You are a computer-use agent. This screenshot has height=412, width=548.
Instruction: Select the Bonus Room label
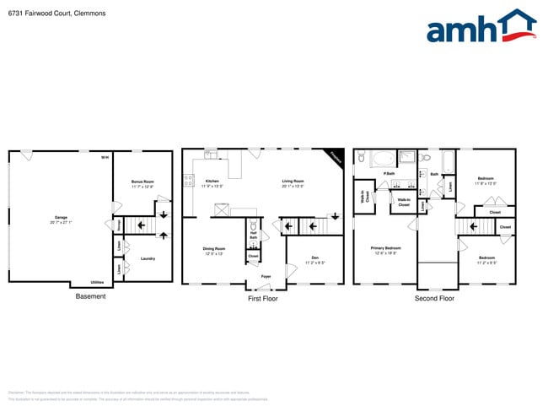[142, 182]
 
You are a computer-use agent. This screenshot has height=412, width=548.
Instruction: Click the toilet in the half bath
[252, 226]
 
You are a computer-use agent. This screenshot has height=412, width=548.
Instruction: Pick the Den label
[314, 258]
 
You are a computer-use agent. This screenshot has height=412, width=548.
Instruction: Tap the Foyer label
[266, 276]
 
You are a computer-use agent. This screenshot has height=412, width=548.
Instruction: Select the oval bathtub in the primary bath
[381, 158]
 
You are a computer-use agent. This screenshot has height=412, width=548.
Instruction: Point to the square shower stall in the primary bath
[407, 157]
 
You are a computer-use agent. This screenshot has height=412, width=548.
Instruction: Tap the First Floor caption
[263, 298]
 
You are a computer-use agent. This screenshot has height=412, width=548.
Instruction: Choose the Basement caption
[90, 296]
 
